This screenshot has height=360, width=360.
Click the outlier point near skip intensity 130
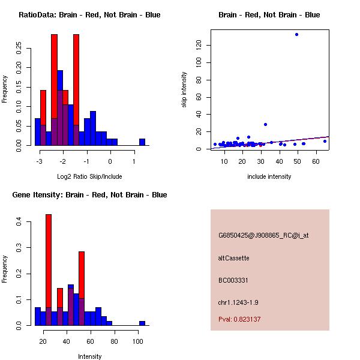[296, 34]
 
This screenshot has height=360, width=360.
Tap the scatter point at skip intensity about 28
[265, 124]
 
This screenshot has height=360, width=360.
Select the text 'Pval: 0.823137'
[239, 319]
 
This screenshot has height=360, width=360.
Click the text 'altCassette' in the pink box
[233, 258]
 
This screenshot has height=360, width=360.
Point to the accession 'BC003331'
[233, 280]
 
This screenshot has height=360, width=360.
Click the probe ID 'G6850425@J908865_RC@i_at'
[263, 236]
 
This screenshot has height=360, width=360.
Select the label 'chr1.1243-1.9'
[238, 302]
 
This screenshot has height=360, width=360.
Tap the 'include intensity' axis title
[269, 176]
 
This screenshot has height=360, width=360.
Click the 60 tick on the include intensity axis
[316, 161]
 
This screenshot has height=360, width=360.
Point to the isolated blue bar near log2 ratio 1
[142, 142]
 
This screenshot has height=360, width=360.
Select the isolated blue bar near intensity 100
[142, 323]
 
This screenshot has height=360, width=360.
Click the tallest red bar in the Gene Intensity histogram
[49, 270]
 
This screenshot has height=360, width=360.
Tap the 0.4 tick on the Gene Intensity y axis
[19, 222]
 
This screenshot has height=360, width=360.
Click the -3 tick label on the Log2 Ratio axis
[40, 161]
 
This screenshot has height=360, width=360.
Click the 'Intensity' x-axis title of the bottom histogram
[90, 356]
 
